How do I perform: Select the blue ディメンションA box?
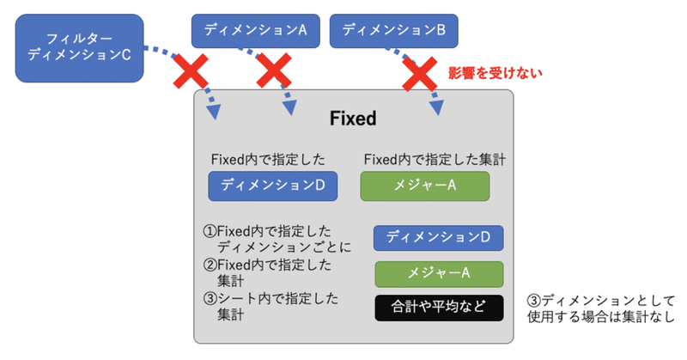pos(255,30)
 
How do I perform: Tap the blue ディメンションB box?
pos(392,30)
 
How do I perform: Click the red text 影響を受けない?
pos(485,73)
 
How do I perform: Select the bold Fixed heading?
pos(353,118)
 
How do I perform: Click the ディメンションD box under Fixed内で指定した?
pos(272,185)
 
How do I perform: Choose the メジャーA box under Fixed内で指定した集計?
pos(423,185)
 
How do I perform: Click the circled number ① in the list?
pos(209,232)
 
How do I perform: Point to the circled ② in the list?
pos(209,265)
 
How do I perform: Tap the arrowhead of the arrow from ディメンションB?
pos(439,109)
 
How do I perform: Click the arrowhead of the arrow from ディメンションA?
pos(290,109)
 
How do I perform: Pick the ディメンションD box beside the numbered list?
pos(438,237)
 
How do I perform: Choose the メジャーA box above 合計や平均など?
pos(438,272)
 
